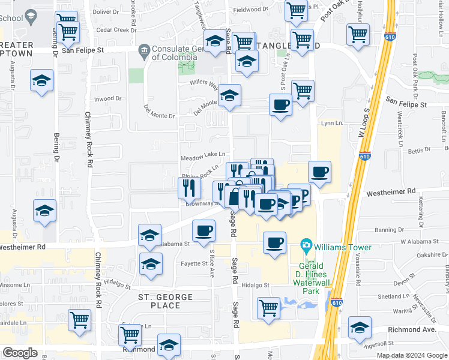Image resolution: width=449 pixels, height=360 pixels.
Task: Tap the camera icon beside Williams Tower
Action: (306, 246)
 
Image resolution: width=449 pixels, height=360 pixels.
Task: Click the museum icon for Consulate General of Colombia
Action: (145, 50)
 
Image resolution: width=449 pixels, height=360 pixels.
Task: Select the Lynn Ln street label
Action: (331, 123)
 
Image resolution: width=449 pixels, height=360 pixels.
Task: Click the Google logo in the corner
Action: (20, 353)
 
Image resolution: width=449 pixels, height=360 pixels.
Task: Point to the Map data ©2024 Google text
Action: (411, 355)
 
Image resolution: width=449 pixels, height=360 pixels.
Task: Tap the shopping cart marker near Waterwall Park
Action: (269, 308)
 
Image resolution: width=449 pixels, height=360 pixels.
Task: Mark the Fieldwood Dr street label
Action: (250, 10)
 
